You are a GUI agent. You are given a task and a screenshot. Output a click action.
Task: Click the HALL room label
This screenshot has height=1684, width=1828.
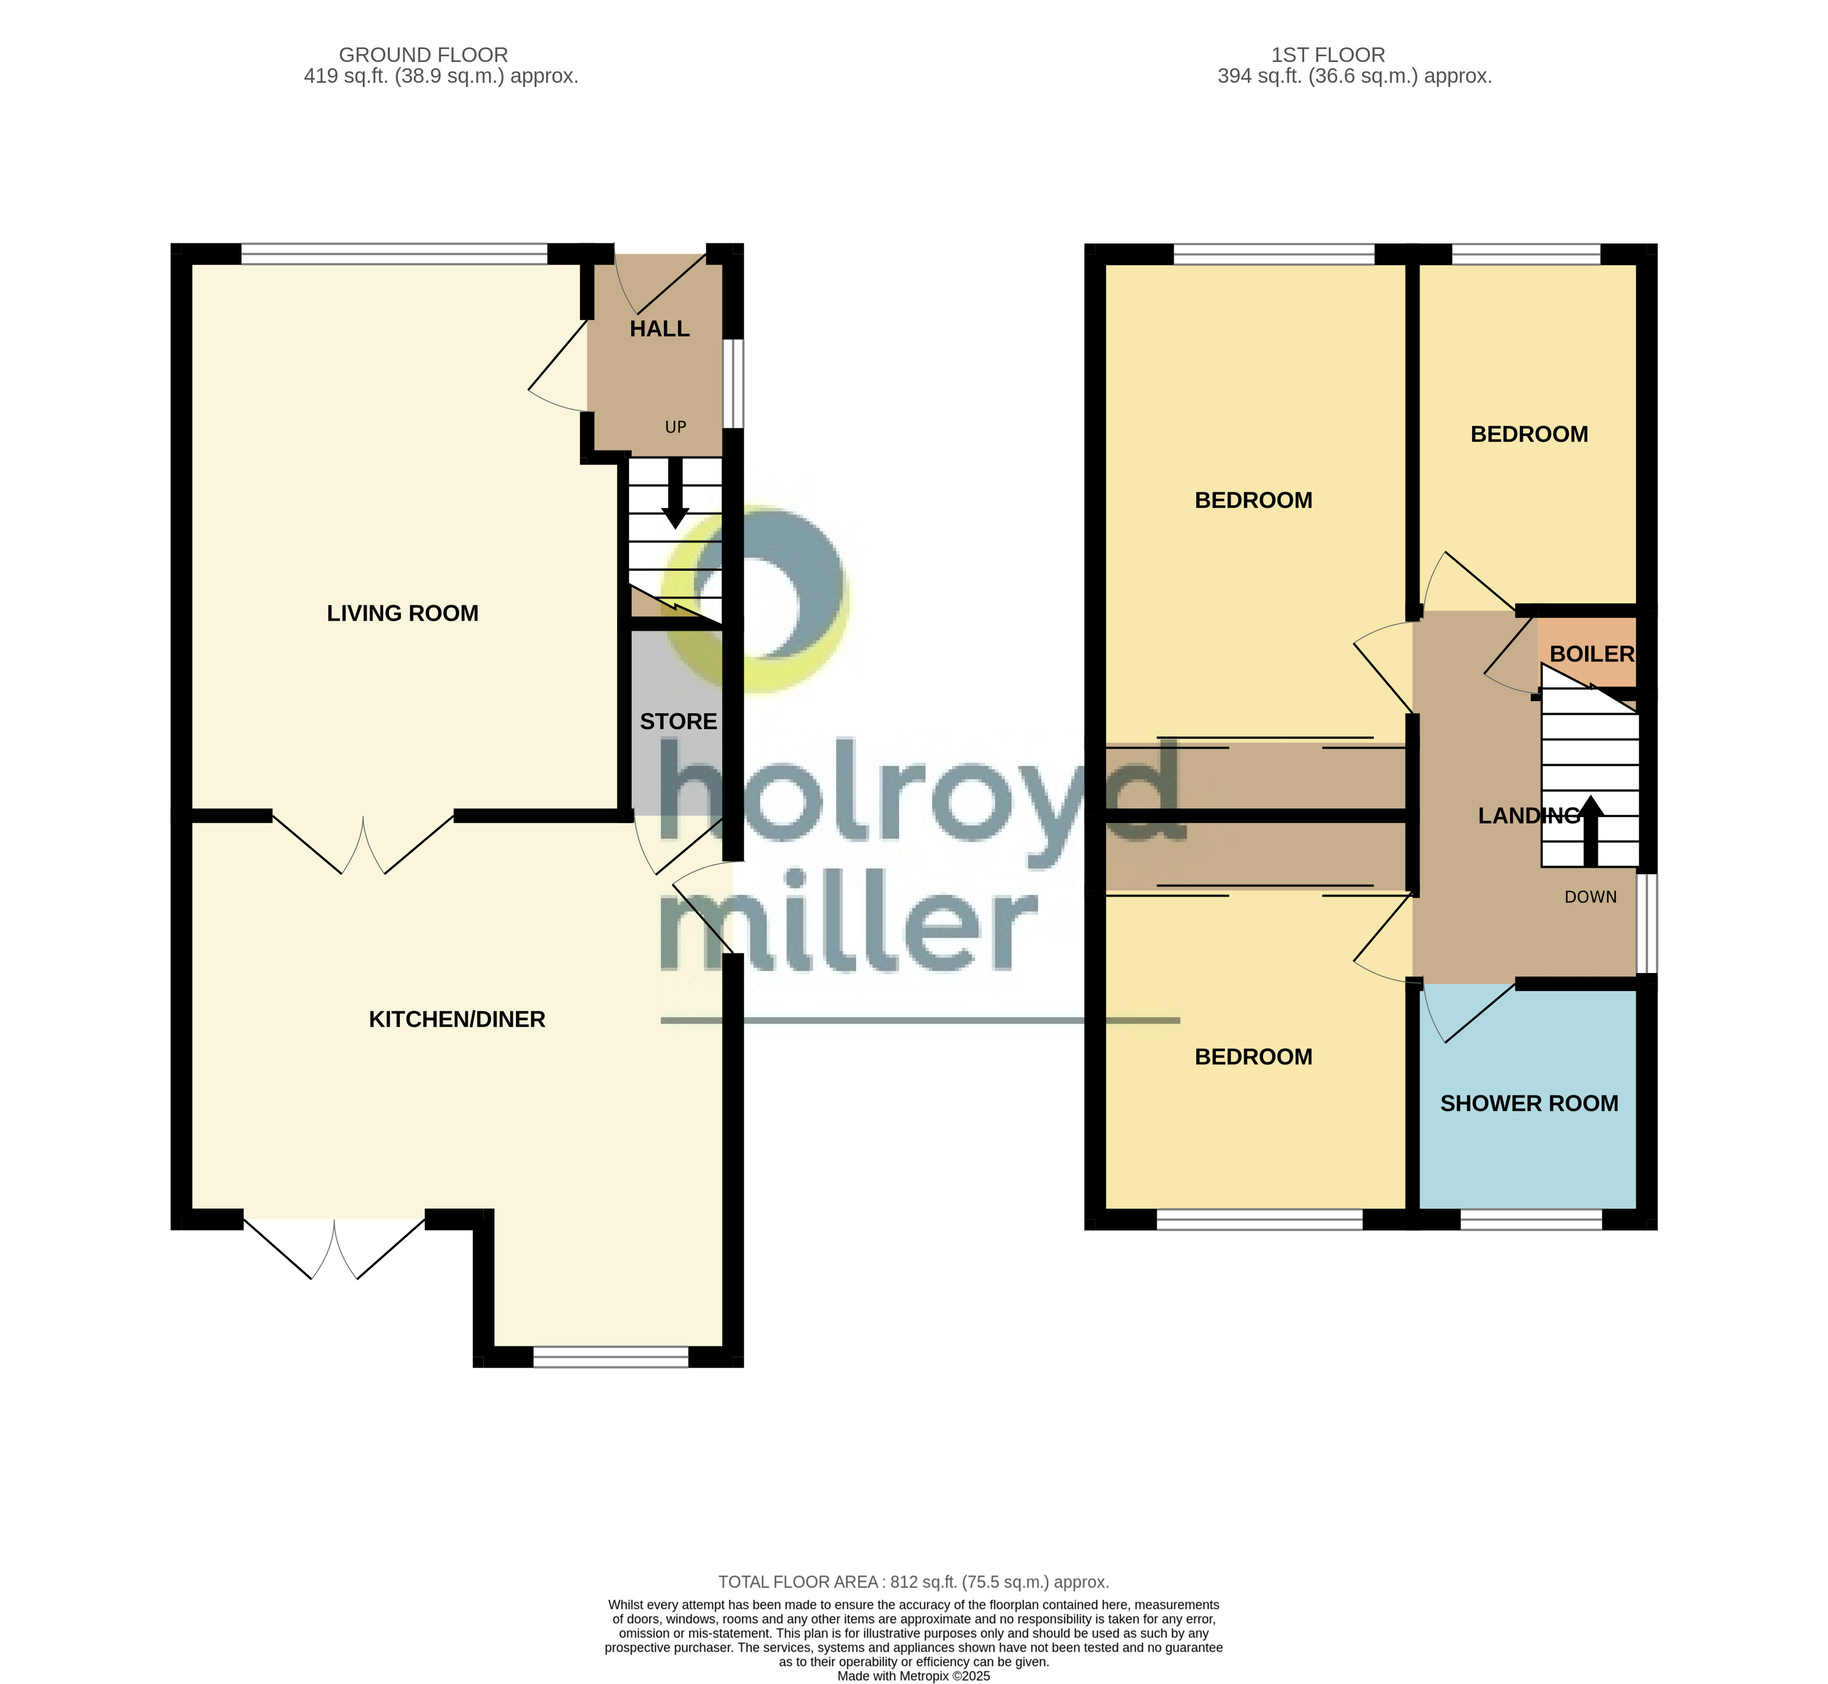(659, 329)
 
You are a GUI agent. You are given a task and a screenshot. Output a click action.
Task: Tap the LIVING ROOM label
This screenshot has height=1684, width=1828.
(402, 613)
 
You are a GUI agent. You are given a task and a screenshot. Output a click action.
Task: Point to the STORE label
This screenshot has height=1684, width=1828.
(678, 722)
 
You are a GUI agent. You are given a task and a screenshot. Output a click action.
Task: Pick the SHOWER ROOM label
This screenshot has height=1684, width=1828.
(1529, 1104)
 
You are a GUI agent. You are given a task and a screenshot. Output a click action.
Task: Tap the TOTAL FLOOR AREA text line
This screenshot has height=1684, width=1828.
(914, 1582)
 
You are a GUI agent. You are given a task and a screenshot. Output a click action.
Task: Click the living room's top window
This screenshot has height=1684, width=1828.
(394, 254)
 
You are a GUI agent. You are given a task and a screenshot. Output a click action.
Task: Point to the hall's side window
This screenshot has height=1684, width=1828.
(733, 384)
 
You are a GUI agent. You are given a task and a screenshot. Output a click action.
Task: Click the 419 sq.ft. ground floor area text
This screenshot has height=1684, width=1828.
(441, 77)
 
